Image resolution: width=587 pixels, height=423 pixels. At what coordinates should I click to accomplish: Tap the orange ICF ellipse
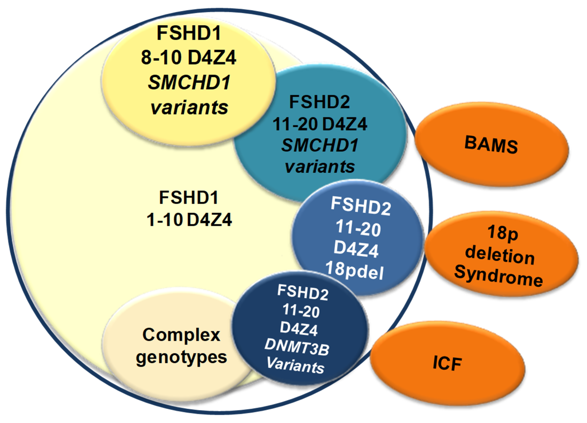coord(447,363)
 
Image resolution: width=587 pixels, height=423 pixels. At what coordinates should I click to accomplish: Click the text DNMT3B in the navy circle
coord(297,347)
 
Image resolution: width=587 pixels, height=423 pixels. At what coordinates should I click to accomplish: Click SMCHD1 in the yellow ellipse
coord(189,83)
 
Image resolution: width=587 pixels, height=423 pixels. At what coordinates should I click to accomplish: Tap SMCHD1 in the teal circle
coord(320,145)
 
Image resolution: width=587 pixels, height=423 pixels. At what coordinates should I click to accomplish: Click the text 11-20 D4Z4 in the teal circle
coord(320,124)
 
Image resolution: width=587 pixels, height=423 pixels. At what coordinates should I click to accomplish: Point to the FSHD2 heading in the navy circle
coord(303,293)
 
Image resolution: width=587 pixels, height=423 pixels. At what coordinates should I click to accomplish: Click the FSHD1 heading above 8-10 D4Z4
coord(189,33)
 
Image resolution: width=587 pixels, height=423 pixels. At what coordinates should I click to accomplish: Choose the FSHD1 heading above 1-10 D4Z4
coord(189,197)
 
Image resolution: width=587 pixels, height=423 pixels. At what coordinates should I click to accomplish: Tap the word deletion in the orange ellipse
coord(500,255)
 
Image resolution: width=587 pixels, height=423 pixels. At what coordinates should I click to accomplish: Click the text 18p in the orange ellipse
coord(503,233)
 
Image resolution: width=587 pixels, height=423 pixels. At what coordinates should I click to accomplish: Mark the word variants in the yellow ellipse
coord(189,107)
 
